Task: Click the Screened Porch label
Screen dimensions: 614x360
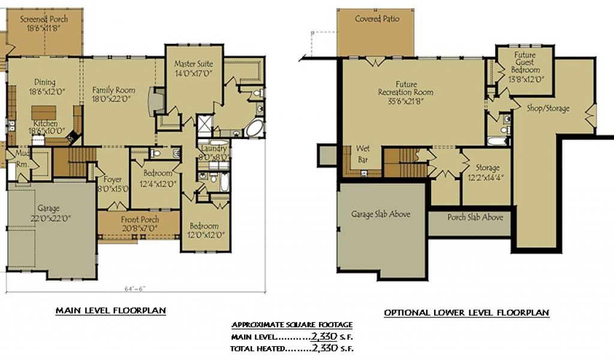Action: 44,19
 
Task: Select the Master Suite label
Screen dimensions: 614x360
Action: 194,64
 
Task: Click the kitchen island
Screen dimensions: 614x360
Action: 43,113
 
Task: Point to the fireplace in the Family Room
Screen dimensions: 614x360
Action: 153,102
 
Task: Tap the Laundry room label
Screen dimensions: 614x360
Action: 214,149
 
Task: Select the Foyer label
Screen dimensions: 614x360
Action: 113,179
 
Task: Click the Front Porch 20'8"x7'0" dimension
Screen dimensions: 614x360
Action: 139,228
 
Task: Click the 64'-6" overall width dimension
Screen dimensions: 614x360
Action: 135,289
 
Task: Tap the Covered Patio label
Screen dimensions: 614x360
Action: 377,19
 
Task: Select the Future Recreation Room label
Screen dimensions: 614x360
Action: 406,88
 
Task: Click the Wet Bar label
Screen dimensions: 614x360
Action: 363,154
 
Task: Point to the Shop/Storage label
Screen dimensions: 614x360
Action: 548,109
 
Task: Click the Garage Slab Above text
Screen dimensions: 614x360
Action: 381,214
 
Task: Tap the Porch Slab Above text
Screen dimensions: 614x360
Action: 475,217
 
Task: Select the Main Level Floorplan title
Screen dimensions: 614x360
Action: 111,311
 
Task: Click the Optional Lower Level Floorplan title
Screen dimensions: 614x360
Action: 466,313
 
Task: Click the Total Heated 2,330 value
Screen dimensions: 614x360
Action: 324,347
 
